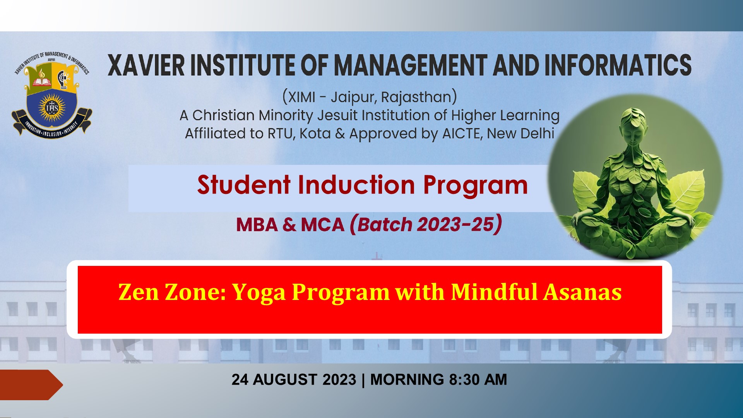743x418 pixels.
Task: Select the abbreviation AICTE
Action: (x=462, y=134)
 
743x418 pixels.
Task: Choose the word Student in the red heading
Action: (x=244, y=185)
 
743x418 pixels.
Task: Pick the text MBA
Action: (x=257, y=225)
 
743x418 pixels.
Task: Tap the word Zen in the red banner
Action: (x=139, y=292)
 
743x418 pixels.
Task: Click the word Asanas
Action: (x=582, y=292)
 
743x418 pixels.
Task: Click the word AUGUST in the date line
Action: (x=285, y=380)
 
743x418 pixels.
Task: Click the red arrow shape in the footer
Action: (x=31, y=385)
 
